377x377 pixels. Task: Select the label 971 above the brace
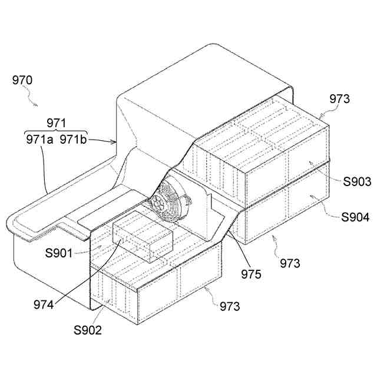pos(57,123)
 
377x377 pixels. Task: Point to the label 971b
pos(73,140)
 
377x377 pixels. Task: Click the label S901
pos(59,254)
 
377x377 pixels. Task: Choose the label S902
pos(87,330)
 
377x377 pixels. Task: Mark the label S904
pos(355,217)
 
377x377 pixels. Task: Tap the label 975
pos(251,275)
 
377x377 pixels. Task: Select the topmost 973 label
pos(340,99)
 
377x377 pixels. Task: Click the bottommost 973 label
pos(230,306)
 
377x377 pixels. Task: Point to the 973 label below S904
pos(289,263)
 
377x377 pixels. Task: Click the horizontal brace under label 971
pos(57,131)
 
